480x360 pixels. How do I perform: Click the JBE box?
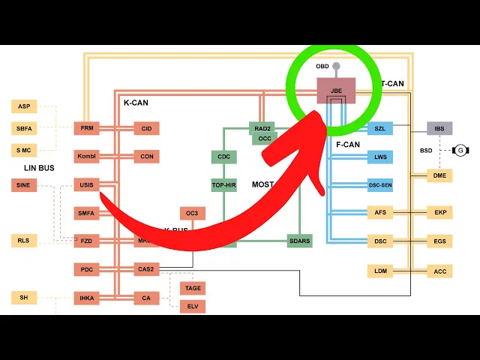(x=335, y=91)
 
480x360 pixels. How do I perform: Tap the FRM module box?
(x=87, y=128)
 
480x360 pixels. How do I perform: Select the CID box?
(x=146, y=128)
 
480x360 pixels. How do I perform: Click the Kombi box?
(x=87, y=157)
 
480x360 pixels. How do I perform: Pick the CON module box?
(x=146, y=157)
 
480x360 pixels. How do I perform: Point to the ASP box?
(x=24, y=106)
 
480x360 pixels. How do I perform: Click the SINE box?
(x=24, y=185)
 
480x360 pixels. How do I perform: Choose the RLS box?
(x=24, y=241)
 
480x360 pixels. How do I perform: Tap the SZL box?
(x=379, y=129)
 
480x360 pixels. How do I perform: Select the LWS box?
(x=379, y=157)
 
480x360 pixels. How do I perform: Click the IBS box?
(x=439, y=129)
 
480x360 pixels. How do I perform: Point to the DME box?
(x=439, y=175)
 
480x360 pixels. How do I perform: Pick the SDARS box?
(x=300, y=241)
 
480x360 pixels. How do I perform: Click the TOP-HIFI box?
(x=224, y=184)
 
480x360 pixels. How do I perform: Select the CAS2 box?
(x=146, y=268)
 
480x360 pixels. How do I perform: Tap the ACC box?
(x=439, y=271)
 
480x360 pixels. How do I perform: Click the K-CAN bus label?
(x=136, y=103)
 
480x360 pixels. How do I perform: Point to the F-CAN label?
(x=348, y=144)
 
